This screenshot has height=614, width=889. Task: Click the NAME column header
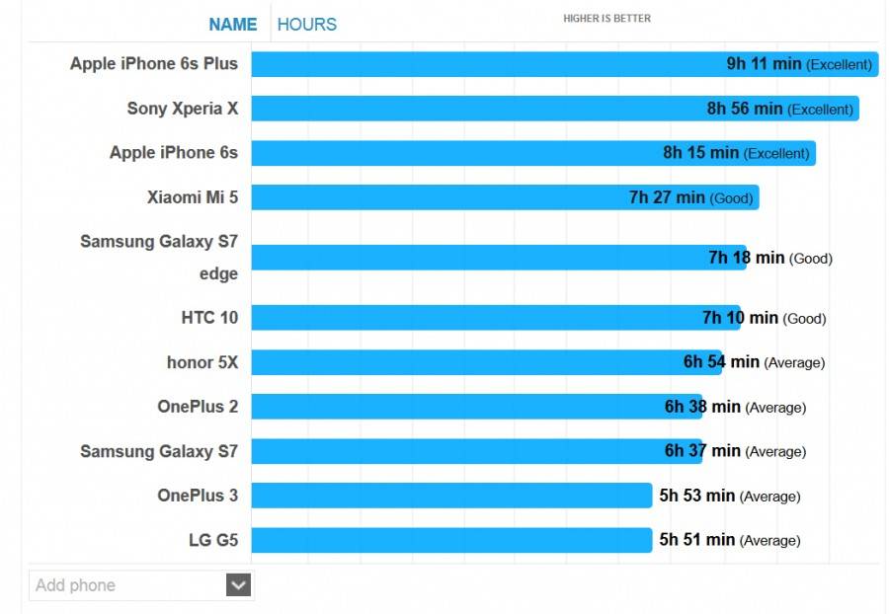233,25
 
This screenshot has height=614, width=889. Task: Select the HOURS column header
306,25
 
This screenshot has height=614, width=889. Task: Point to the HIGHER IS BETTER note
606,19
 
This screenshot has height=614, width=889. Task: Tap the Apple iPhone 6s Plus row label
154,64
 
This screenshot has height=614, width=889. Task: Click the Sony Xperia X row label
183,109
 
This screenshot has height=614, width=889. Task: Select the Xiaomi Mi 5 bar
444,197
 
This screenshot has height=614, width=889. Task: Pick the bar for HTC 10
444,318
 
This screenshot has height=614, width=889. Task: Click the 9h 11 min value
764,64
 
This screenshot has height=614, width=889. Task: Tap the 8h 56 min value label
744,109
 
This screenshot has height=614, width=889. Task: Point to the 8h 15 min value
700,153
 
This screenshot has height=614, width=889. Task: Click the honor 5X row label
202,362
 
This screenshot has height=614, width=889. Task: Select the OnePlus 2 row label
198,407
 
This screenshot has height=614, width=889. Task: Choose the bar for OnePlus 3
444,496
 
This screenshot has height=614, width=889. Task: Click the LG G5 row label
213,540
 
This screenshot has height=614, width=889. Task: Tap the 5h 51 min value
696,540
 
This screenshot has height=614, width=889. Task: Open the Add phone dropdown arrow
238,585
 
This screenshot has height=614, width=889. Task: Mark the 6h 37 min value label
702,451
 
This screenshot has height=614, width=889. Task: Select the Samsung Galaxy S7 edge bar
444,258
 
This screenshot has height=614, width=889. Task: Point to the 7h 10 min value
740,318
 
